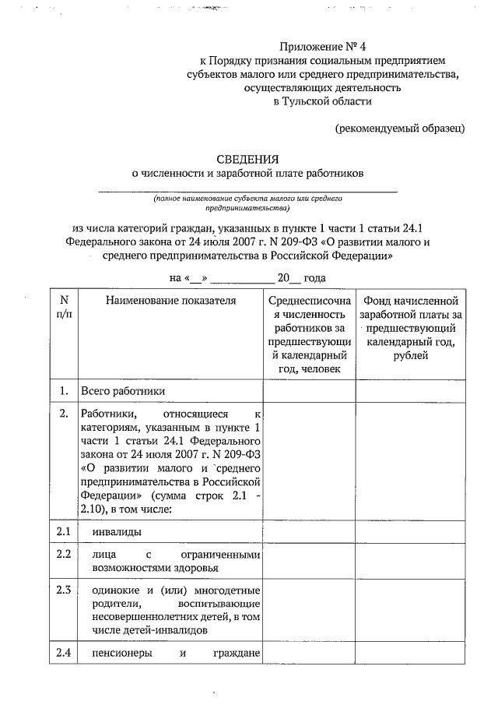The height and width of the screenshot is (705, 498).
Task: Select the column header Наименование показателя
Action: point(171,301)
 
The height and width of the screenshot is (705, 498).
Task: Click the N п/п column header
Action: point(64,307)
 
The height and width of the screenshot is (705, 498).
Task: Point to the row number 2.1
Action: point(64,533)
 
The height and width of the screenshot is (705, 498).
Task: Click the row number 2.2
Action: point(64,555)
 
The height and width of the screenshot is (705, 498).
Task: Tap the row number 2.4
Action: point(64,653)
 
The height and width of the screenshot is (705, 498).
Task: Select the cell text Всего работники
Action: point(122,391)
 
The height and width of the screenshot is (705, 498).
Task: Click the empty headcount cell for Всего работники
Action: point(309,391)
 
